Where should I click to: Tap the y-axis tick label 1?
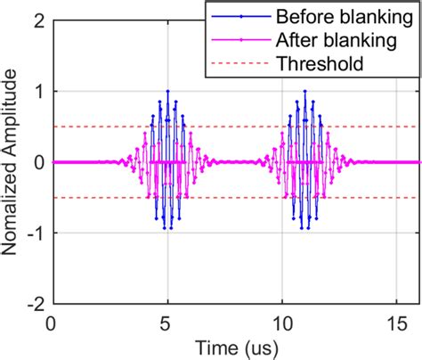coord(38,91)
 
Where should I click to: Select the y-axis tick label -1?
coord(35,233)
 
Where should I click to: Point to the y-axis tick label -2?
coord(35,303)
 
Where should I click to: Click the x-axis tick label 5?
coord(167,321)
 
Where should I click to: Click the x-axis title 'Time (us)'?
coord(235,346)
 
